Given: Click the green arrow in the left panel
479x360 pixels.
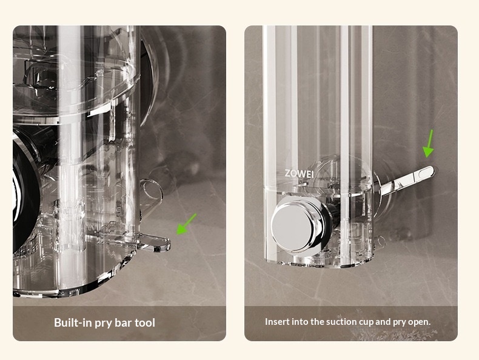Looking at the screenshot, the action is (186, 224).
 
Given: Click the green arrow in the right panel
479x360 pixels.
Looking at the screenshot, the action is (429, 144).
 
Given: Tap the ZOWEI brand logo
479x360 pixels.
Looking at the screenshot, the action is (299, 174).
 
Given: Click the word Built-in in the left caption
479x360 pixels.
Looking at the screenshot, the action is (73, 322).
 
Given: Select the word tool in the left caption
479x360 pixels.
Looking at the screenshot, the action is (145, 322).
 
